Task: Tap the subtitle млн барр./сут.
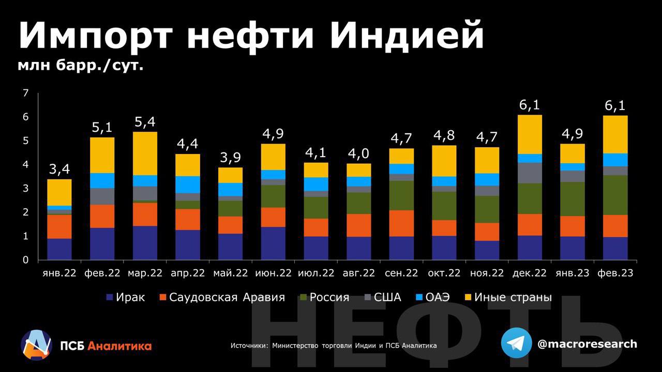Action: [81, 66]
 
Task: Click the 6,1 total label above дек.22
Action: [529, 105]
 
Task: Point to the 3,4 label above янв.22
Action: [59, 169]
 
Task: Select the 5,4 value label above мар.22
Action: [144, 122]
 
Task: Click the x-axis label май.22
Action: [230, 273]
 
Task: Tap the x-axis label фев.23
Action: [615, 273]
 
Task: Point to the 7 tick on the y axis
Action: [25, 94]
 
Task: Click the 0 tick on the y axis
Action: [25, 260]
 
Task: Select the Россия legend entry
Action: [324, 298]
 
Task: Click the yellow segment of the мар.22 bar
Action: [144, 153]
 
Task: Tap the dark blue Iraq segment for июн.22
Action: [273, 243]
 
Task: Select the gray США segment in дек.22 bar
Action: [529, 173]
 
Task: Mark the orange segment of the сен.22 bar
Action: [401, 223]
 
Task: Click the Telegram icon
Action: [516, 343]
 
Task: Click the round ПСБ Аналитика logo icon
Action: [36, 345]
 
